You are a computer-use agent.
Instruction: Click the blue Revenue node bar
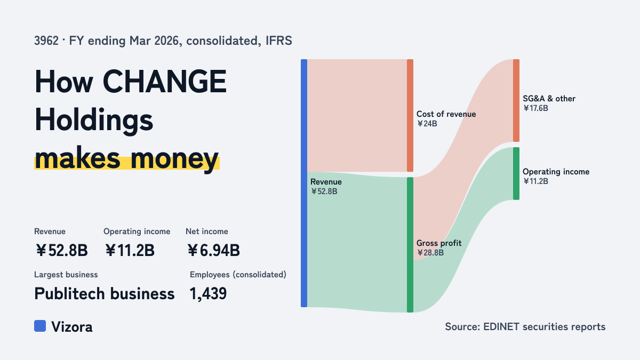tap(304, 183)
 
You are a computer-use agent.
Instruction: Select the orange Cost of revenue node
tap(410, 115)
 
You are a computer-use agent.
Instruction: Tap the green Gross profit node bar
tap(410, 245)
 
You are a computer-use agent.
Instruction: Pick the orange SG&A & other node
tap(516, 101)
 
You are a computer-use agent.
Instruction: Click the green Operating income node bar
tap(516, 174)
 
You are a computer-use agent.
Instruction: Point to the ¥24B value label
tap(427, 124)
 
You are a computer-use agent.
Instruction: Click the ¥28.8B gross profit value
tap(430, 253)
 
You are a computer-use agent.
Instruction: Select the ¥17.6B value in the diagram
tap(535, 108)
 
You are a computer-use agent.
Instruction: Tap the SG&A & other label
tap(549, 99)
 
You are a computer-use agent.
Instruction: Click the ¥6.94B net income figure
tap(214, 251)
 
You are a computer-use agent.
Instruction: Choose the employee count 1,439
tap(208, 294)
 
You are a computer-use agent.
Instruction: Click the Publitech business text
tap(105, 294)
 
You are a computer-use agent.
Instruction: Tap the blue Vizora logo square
tap(40, 326)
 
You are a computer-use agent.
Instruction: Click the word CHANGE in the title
tap(165, 82)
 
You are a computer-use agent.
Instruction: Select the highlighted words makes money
tap(127, 159)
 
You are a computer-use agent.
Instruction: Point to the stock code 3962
tap(46, 41)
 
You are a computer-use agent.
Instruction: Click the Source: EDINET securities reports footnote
tap(525, 326)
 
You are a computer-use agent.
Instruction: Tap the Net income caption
tap(207, 231)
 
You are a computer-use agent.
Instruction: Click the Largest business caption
tap(66, 275)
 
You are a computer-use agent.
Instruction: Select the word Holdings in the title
tap(94, 121)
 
